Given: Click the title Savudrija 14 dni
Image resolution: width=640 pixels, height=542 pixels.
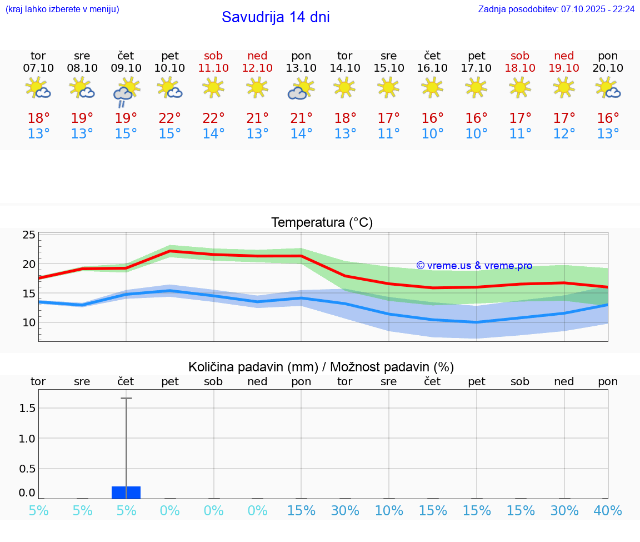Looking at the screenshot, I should coord(276,17).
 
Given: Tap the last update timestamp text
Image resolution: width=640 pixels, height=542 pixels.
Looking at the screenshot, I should coord(556,9).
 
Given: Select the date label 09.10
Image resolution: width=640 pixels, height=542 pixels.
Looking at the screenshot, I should coord(126,68).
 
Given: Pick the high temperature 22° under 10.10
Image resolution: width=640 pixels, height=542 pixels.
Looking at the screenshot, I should coord(170,118).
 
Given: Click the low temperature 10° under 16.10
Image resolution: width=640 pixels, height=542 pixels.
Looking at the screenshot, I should coord(432,134).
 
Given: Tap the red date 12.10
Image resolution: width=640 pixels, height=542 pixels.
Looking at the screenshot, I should coord(257,68).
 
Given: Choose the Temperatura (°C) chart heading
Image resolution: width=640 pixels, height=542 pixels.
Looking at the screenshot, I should coord(322,223).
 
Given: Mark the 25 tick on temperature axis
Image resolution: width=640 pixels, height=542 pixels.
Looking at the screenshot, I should coord(29,235).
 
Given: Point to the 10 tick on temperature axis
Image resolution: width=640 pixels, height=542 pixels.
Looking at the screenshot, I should coord(29,322).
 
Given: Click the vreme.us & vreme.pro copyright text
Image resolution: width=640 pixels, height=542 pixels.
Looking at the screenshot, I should coord(474,266).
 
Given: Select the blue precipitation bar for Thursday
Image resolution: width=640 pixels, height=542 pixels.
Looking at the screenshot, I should coord(126,493).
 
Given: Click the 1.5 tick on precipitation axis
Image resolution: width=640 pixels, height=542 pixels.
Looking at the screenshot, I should coord(27,409).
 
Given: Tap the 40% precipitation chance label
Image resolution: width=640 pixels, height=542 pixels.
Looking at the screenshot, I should coord(608,511).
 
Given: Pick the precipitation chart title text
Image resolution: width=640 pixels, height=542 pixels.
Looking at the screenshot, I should coord(321,367).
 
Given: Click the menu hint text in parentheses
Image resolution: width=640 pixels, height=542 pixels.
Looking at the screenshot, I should coord(62,9).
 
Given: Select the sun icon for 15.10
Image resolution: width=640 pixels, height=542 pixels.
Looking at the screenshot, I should coord(388,87).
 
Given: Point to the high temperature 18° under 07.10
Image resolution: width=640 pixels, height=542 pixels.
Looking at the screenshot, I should coord(38,118).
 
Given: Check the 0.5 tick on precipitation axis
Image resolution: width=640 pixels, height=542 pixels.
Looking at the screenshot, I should coord(27,469).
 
